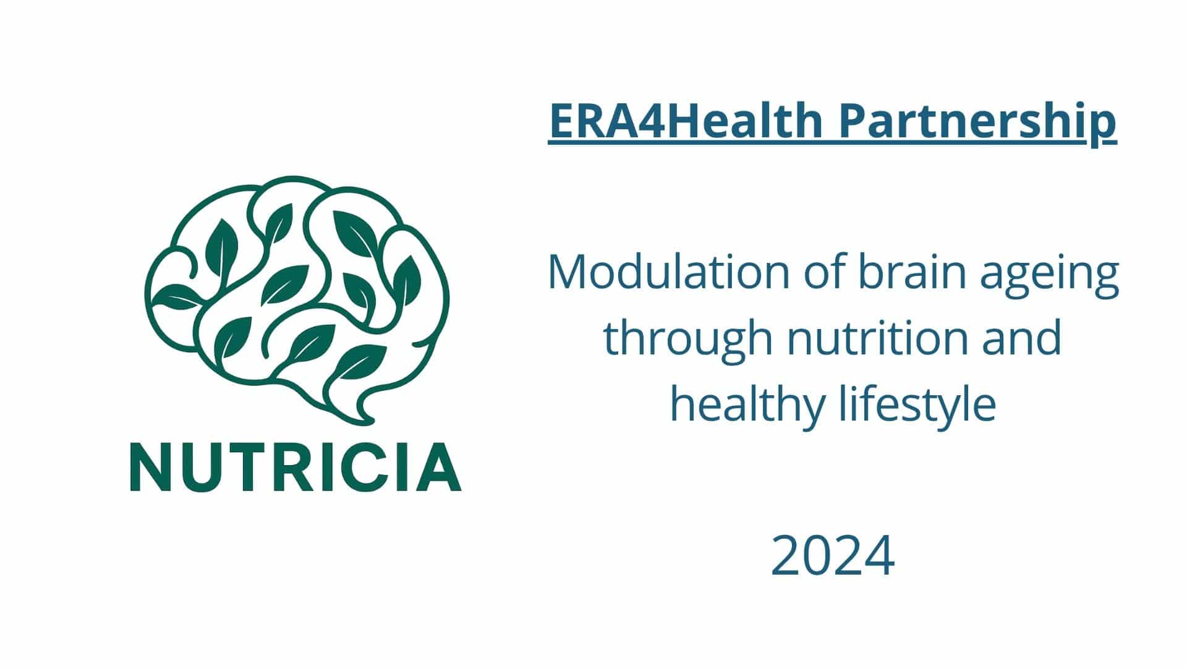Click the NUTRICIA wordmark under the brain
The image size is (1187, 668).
(296, 466)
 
